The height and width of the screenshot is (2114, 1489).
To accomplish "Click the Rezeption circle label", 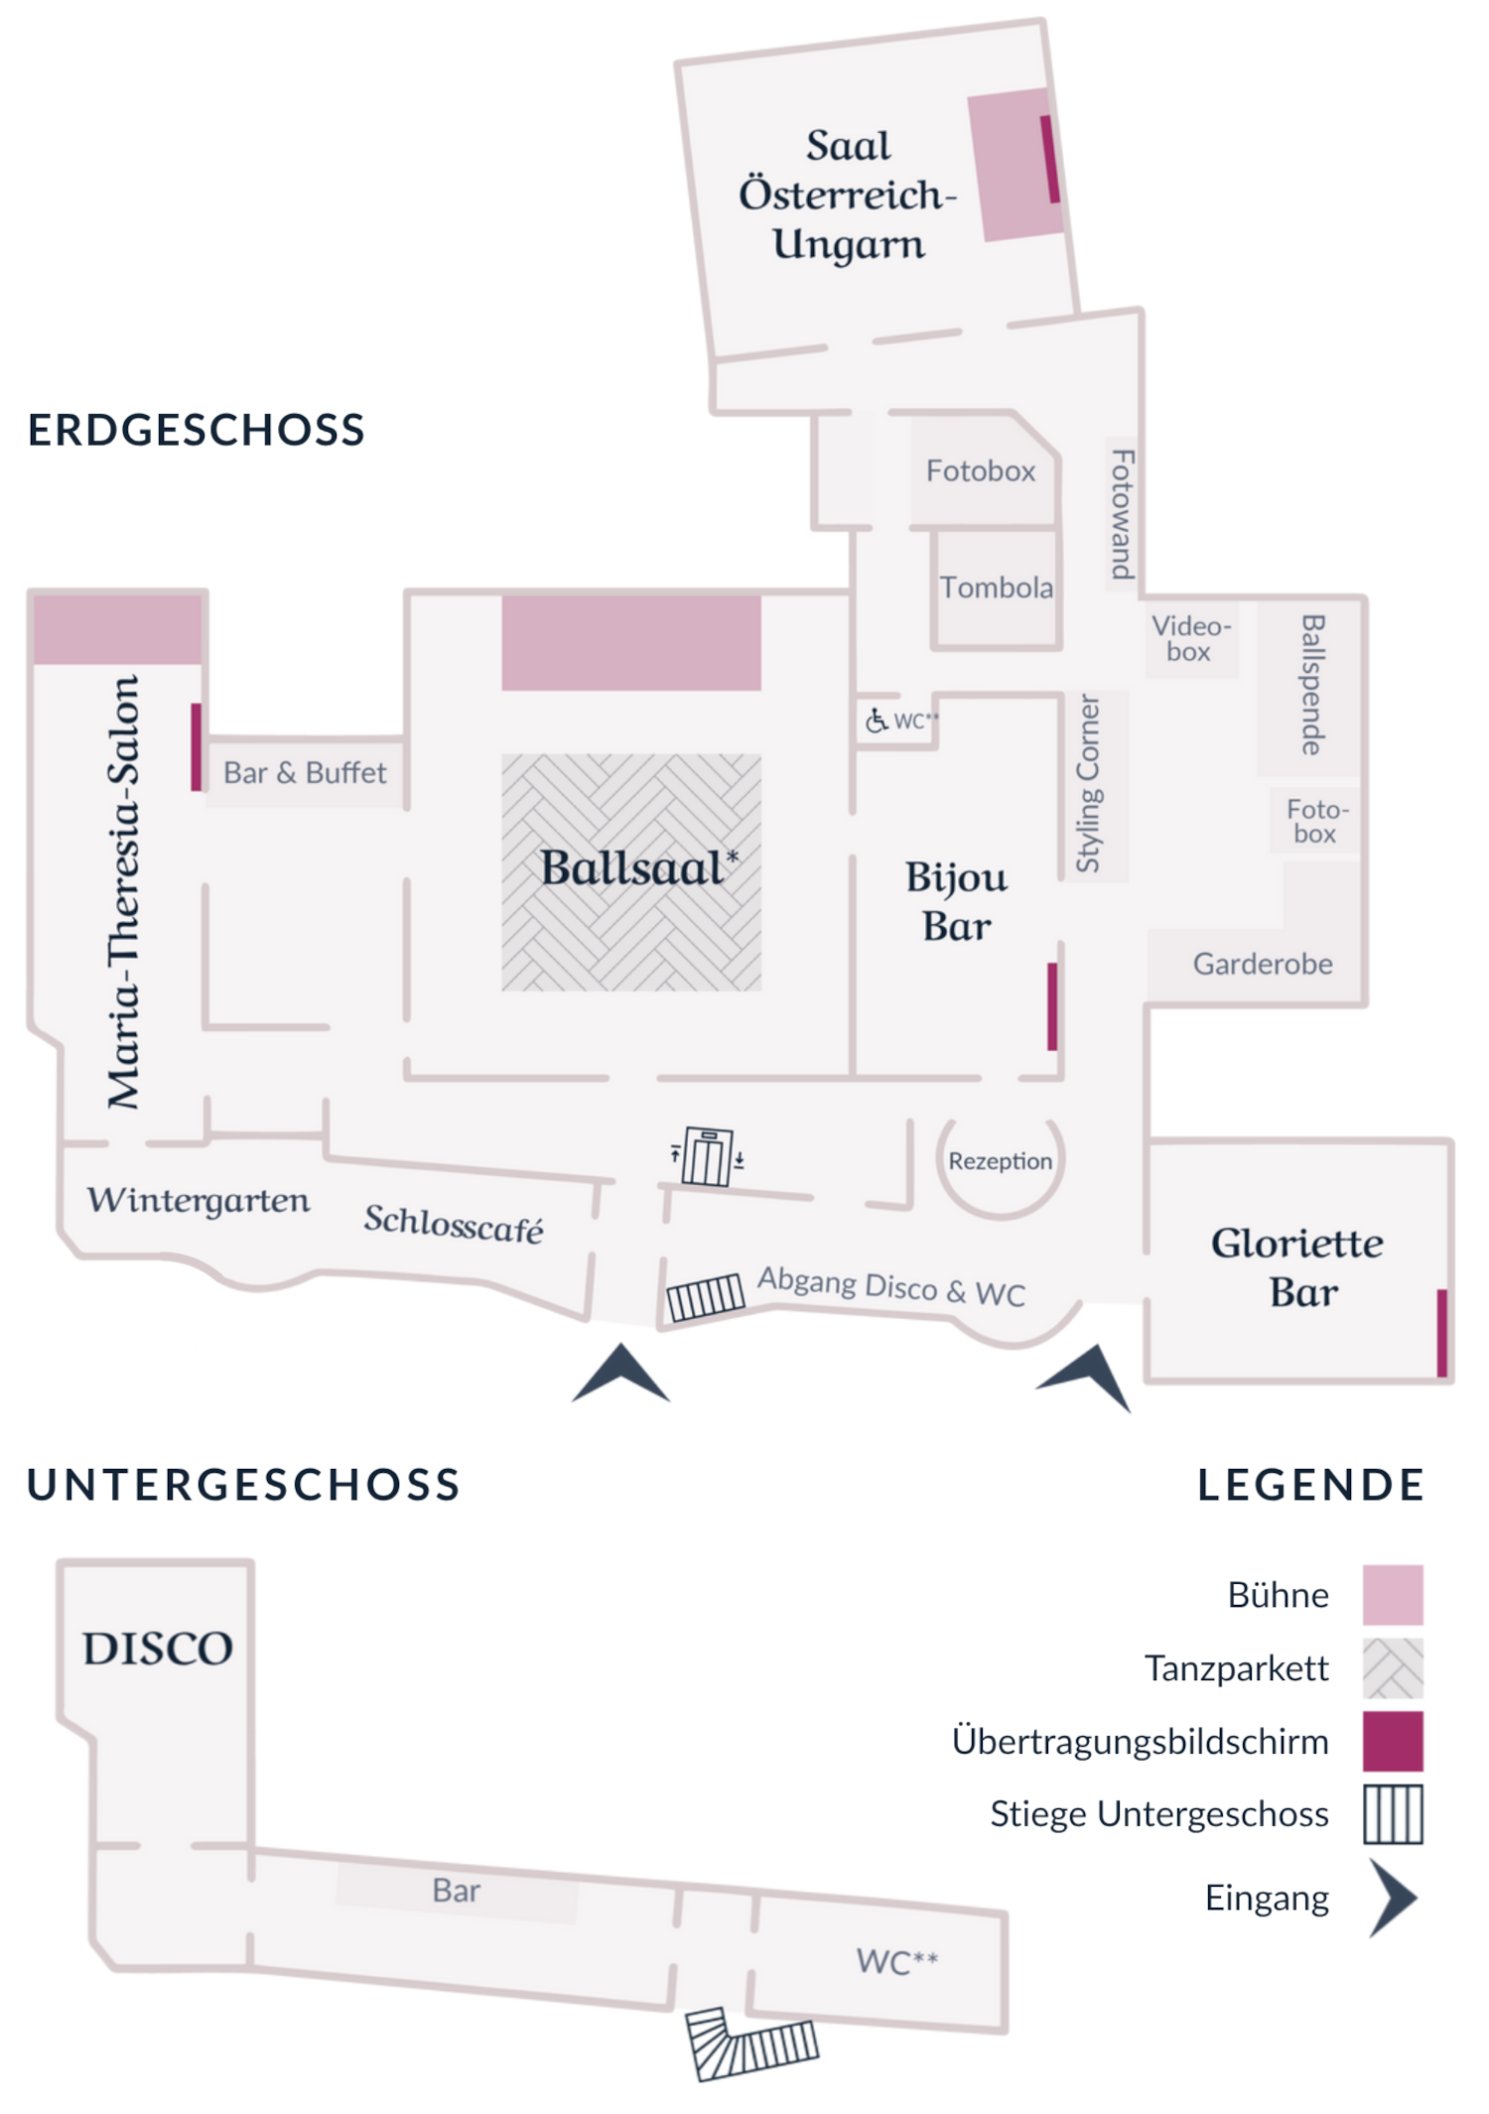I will click(x=1000, y=1161).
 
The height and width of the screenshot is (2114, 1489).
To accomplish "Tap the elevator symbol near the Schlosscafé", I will click(x=707, y=1156).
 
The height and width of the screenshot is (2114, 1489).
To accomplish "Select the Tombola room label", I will click(x=996, y=588).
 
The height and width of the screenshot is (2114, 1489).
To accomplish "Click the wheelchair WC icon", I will click(x=876, y=721).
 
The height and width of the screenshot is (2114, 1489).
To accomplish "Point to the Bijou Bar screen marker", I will click(x=1052, y=1005).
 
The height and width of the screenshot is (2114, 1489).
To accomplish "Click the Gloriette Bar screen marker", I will click(x=1441, y=1332).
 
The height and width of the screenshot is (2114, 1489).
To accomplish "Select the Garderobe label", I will click(x=1262, y=964).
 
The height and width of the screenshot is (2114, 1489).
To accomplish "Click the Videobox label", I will click(x=1190, y=638).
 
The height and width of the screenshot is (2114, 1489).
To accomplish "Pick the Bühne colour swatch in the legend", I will click(x=1392, y=1595).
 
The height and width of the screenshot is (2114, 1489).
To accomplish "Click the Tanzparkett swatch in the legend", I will click(x=1392, y=1668).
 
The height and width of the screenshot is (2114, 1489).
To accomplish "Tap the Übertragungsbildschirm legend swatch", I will click(x=1392, y=1741).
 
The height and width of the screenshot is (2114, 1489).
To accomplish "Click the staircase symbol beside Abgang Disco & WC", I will click(x=705, y=1297).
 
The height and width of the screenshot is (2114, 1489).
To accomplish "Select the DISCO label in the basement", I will click(x=158, y=1649).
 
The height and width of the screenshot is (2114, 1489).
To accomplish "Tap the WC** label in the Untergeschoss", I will click(x=896, y=1961).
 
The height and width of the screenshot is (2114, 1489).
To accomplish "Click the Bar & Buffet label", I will click(x=305, y=772).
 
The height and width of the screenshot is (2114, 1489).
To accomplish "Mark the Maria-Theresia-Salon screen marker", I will click(x=197, y=746).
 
